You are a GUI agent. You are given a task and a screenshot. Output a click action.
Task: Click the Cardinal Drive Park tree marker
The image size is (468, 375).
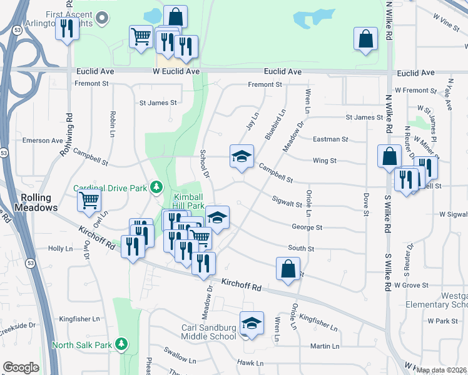(x=156, y=186)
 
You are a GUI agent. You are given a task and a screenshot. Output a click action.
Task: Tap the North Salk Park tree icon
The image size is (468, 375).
(x=122, y=344)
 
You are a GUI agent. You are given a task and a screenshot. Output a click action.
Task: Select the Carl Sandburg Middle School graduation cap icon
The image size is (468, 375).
(x=252, y=323)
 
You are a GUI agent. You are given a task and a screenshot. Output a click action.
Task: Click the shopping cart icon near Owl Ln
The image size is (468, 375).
(x=89, y=200)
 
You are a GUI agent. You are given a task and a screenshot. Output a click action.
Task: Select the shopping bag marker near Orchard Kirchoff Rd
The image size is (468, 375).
(x=287, y=268)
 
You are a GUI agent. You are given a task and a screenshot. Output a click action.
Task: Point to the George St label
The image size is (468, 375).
(x=307, y=228)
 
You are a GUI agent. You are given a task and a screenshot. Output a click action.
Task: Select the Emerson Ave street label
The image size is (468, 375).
(x=43, y=141)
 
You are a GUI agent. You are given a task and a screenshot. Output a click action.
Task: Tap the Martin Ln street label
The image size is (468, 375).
(x=324, y=346)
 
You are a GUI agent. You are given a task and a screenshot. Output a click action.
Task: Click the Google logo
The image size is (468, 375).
(x=21, y=367)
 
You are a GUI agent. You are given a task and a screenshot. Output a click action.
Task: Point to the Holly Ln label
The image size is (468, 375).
(x=61, y=248)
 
